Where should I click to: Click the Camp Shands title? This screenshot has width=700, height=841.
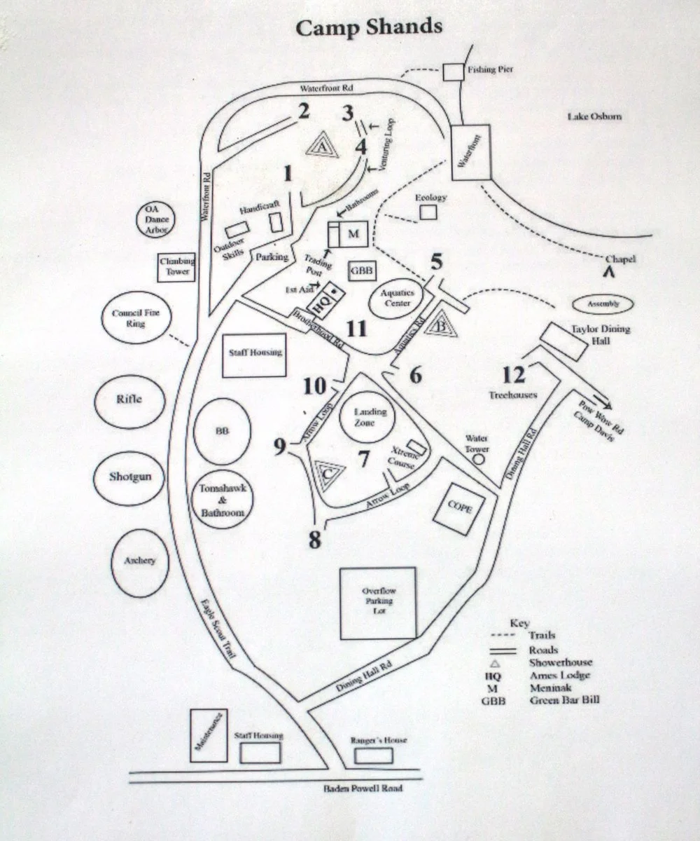[x=369, y=27]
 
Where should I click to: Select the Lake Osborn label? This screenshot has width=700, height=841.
[x=594, y=116]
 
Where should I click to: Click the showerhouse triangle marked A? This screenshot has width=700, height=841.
[x=320, y=147]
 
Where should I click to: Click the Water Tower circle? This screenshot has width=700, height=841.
[x=479, y=460]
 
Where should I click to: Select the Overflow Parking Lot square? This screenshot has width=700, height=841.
[x=377, y=603]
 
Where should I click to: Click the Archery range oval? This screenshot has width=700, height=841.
[x=140, y=561]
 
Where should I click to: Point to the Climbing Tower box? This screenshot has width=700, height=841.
[x=177, y=266]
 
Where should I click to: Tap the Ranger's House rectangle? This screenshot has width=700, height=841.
[x=373, y=756]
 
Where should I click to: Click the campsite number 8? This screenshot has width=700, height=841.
[x=315, y=540]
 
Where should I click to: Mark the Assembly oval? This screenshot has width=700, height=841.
[x=604, y=305]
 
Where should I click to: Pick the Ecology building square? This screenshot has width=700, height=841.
[x=428, y=211]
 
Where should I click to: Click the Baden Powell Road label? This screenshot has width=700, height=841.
[x=363, y=788]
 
